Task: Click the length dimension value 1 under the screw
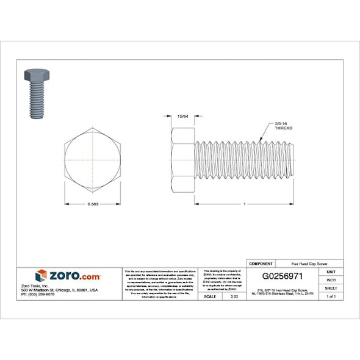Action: tap(243, 203)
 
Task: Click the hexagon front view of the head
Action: tap(93, 160)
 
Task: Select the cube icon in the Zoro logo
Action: tap(41, 276)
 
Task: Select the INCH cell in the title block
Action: tap(331, 279)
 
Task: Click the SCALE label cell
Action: tap(211, 296)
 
